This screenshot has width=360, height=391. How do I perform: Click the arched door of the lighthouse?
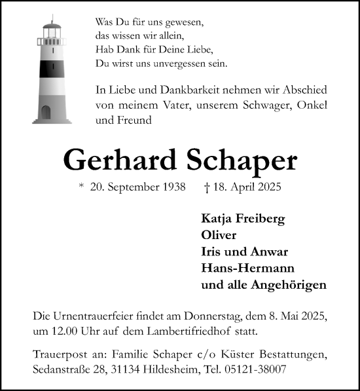(x=46, y=113)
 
